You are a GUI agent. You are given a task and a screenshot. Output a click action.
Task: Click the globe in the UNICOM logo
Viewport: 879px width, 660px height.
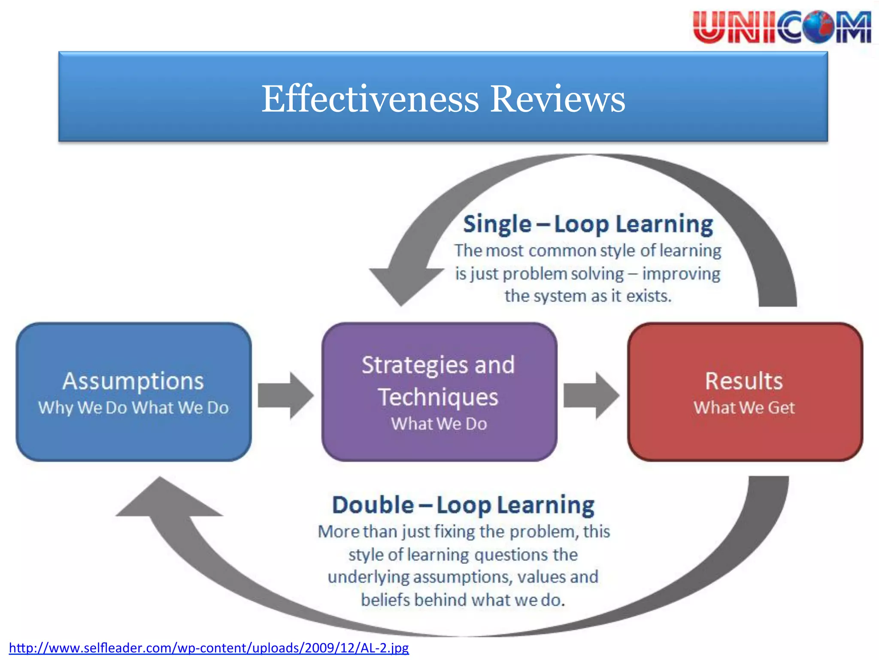[819, 27]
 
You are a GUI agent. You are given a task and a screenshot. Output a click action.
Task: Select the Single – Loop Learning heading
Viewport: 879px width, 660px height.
[588, 224]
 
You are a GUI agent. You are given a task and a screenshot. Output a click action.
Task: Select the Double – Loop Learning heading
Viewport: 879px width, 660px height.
[464, 505]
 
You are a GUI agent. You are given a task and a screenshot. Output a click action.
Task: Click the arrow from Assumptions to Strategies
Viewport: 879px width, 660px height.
[285, 395]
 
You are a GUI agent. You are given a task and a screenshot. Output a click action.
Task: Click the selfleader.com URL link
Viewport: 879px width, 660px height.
[209, 648]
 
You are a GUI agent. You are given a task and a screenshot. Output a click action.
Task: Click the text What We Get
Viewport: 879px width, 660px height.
[744, 407]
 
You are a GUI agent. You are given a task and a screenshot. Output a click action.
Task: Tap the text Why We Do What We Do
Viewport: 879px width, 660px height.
[133, 407]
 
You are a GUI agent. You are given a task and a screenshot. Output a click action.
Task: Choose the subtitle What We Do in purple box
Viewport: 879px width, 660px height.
[439, 424]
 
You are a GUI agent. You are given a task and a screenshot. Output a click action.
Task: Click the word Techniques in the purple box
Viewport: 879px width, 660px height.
[438, 397]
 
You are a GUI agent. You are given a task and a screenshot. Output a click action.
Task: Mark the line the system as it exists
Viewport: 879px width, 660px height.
[588, 296]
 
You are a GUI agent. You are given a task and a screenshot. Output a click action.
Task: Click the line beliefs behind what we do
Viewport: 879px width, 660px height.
[463, 600]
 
